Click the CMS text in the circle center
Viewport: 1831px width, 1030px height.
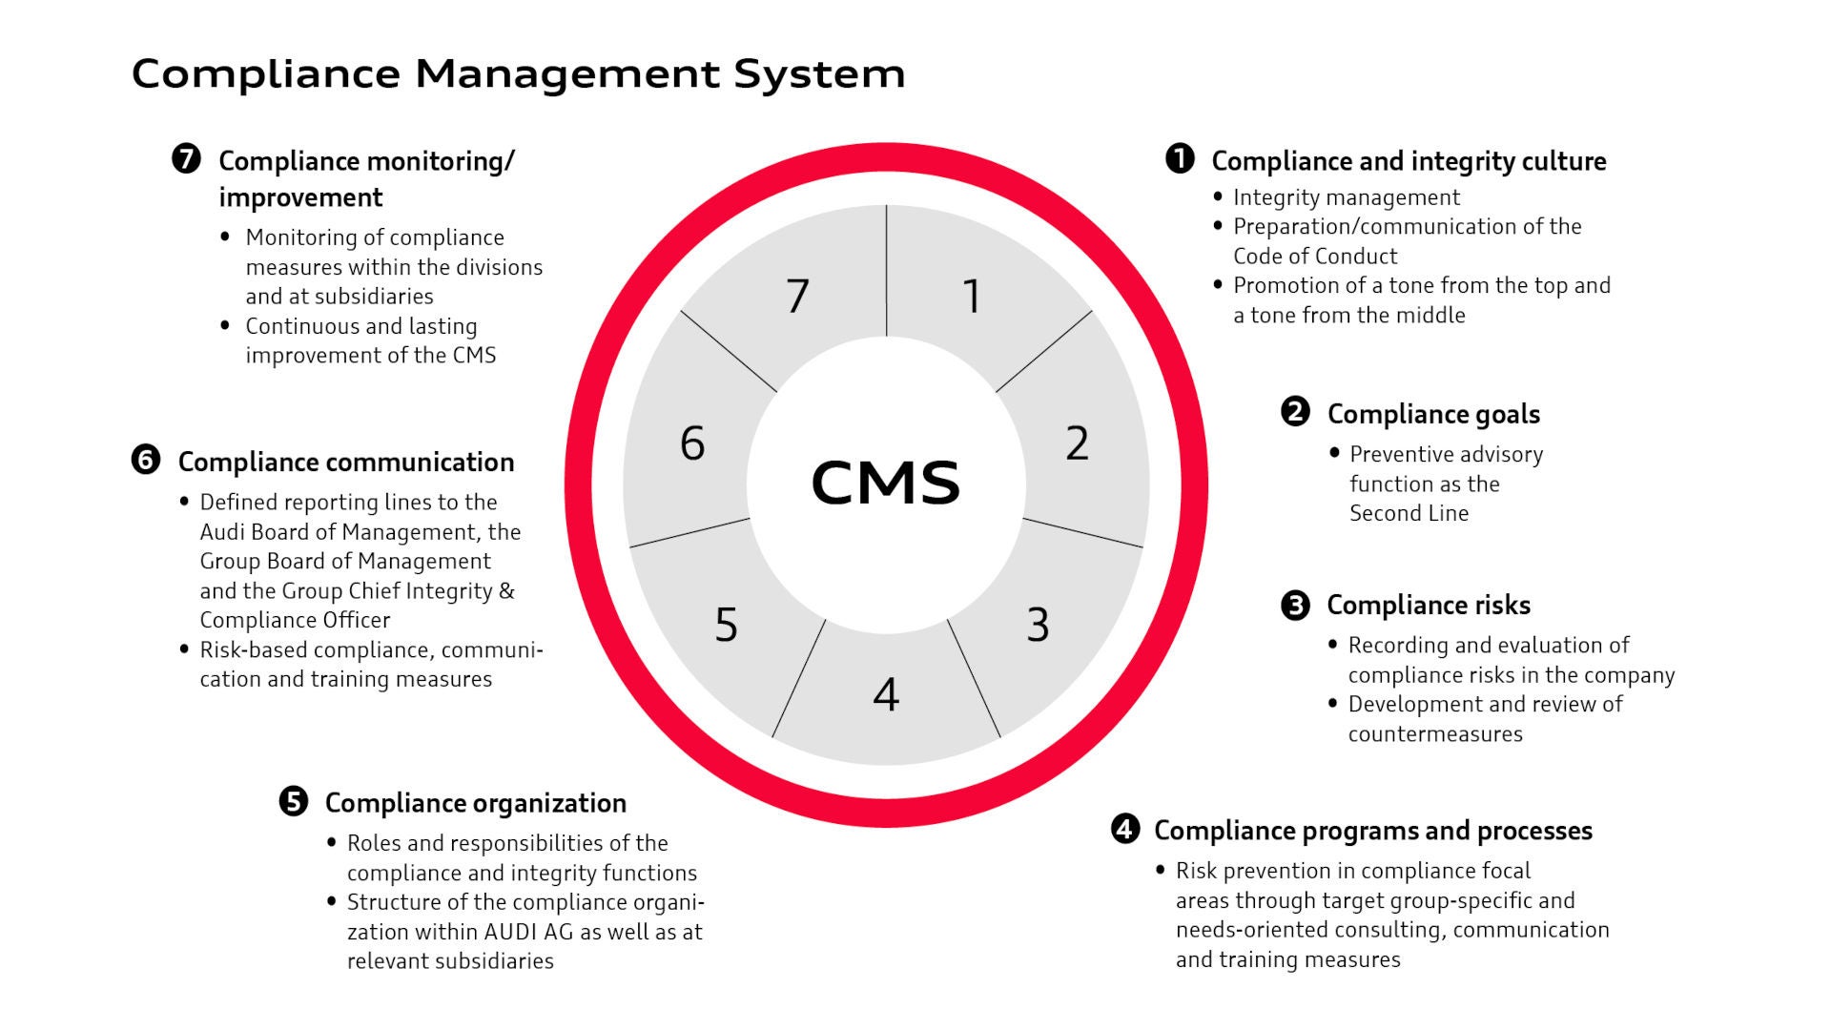(x=885, y=482)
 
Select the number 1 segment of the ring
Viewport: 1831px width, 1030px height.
(x=972, y=296)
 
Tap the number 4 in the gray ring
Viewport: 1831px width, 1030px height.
(x=886, y=694)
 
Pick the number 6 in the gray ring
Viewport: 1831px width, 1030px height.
(x=692, y=443)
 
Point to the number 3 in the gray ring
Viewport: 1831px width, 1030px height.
(x=1038, y=625)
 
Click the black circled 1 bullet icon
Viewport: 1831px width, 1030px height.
(x=1180, y=158)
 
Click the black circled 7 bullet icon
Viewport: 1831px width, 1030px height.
(x=187, y=158)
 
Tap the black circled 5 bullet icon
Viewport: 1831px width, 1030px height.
(x=294, y=801)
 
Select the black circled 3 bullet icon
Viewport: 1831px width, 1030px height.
(x=1295, y=605)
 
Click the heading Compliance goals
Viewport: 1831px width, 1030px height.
(x=1433, y=414)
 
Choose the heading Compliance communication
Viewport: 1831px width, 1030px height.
(x=345, y=462)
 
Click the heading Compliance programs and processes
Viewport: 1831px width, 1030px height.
(x=1372, y=831)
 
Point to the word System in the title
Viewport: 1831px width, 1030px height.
(x=819, y=73)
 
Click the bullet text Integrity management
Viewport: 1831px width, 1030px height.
(x=1346, y=197)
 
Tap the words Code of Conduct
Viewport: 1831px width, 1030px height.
(x=1314, y=257)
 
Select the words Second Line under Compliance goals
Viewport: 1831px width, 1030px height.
(x=1409, y=513)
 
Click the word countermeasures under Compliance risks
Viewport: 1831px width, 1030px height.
(x=1434, y=734)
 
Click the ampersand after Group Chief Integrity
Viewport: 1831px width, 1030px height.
(x=506, y=590)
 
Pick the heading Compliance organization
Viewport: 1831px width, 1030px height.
(x=475, y=803)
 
